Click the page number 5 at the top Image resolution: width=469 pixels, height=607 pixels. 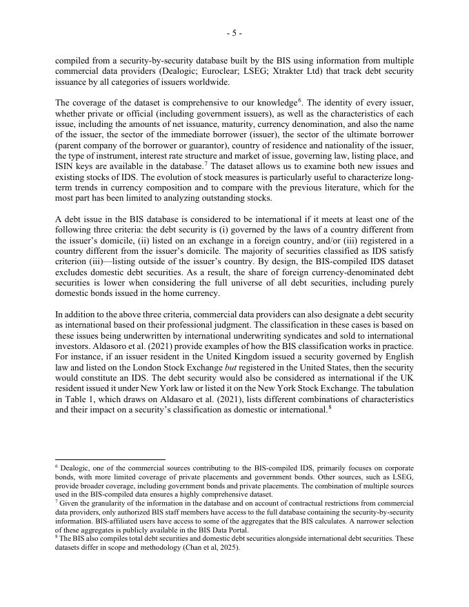click(234, 32)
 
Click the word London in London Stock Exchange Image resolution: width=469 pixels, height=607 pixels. click(147, 379)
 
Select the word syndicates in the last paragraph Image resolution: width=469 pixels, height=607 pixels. click(282, 346)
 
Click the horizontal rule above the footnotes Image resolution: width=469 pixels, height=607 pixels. click(110, 459)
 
